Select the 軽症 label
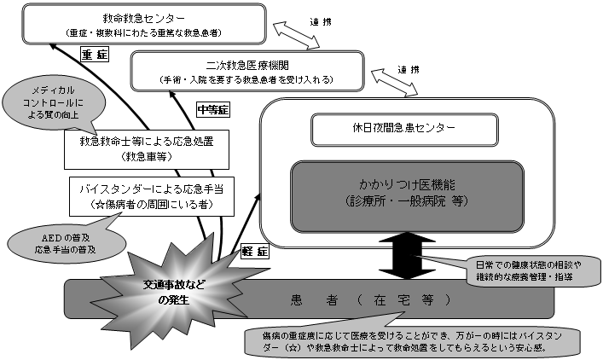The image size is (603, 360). pos(255,253)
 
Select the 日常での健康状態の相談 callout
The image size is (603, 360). pos(520,270)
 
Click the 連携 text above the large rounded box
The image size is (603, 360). pos(409,69)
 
